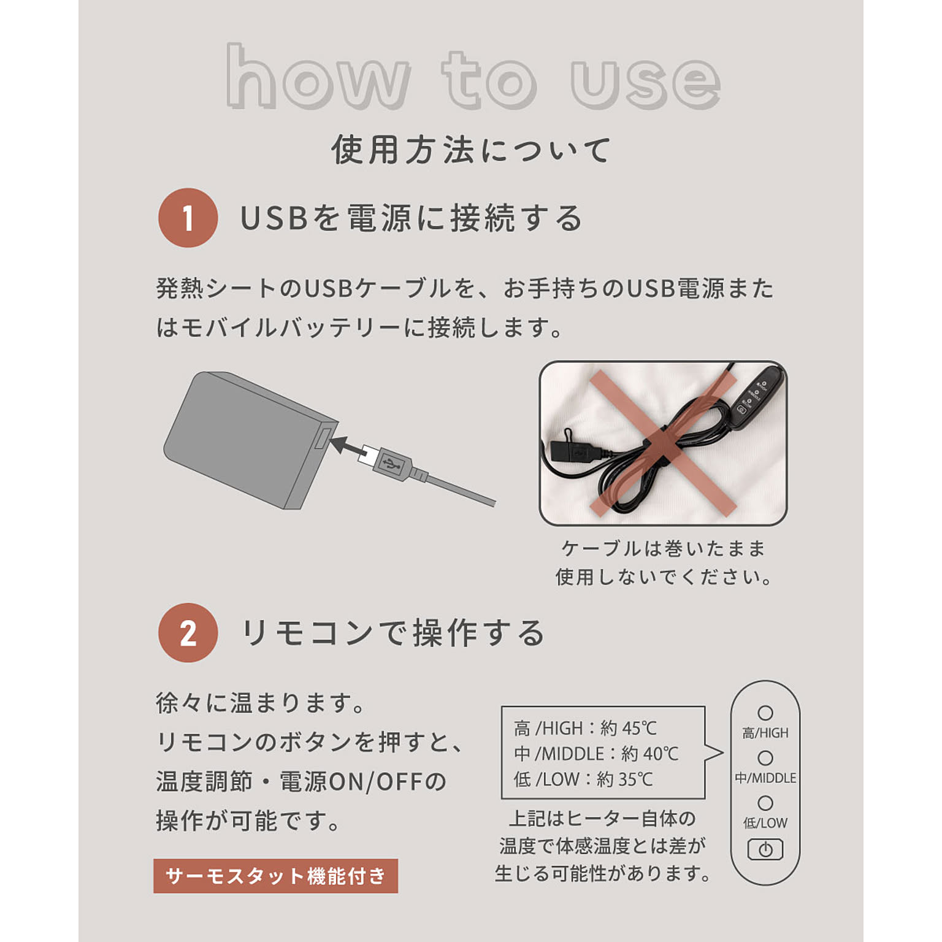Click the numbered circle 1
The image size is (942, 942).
click(x=188, y=218)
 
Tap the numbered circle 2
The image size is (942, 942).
click(x=188, y=632)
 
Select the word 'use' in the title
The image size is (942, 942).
click(x=645, y=83)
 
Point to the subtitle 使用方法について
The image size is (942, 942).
click(x=471, y=150)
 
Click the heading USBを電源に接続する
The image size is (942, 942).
click(x=411, y=218)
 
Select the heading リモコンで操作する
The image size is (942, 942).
click(x=393, y=633)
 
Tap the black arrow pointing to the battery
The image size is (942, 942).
click(x=348, y=446)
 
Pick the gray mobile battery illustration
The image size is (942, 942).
click(x=250, y=440)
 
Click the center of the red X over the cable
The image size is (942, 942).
click(x=663, y=443)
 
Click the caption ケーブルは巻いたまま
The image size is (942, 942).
click(x=663, y=548)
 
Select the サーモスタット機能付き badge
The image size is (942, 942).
click(x=275, y=876)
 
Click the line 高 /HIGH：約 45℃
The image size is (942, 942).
click(x=585, y=728)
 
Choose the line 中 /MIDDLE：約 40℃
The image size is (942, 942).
click(x=596, y=753)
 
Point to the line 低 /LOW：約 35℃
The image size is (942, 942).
click(x=583, y=779)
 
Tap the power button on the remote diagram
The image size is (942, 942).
click(x=765, y=849)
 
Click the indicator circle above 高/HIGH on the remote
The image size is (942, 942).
click(x=765, y=713)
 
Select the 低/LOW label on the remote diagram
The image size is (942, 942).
click(x=765, y=823)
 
